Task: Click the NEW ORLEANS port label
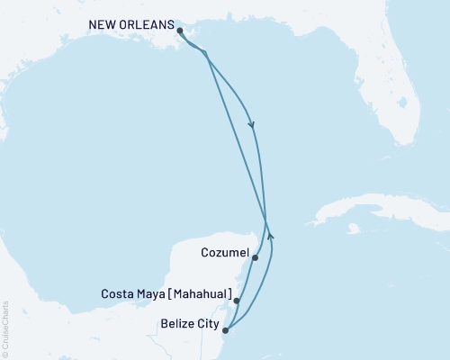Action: (130, 25)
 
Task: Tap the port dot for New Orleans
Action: (181, 31)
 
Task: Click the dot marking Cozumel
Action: (256, 258)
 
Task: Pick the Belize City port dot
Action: (226, 330)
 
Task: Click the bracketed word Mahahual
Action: (199, 294)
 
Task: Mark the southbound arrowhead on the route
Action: (251, 125)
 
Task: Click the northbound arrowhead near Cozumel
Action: (271, 237)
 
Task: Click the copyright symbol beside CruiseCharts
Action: (5, 354)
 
